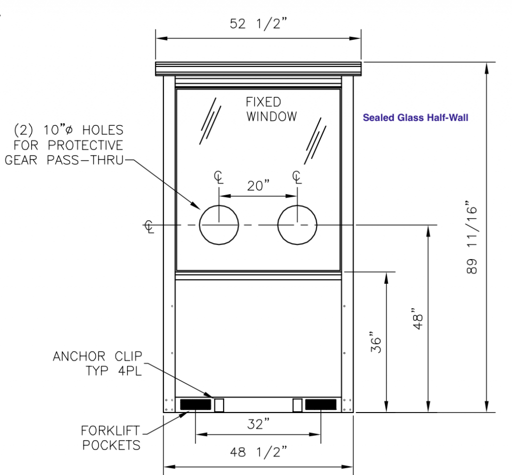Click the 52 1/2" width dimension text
258,23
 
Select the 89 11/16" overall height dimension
472,237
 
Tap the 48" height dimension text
418,318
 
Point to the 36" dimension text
376,343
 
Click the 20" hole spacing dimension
258,186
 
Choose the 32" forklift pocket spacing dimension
258,424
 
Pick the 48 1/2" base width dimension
258,452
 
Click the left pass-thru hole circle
219,205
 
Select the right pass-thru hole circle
297,205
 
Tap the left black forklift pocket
195,405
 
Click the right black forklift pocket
320,405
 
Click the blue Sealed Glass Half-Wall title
415,117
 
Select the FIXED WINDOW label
271,109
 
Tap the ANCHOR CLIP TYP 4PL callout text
97,364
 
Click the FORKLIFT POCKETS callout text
111,438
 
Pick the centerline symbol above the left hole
219,177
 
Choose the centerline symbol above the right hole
297,177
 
